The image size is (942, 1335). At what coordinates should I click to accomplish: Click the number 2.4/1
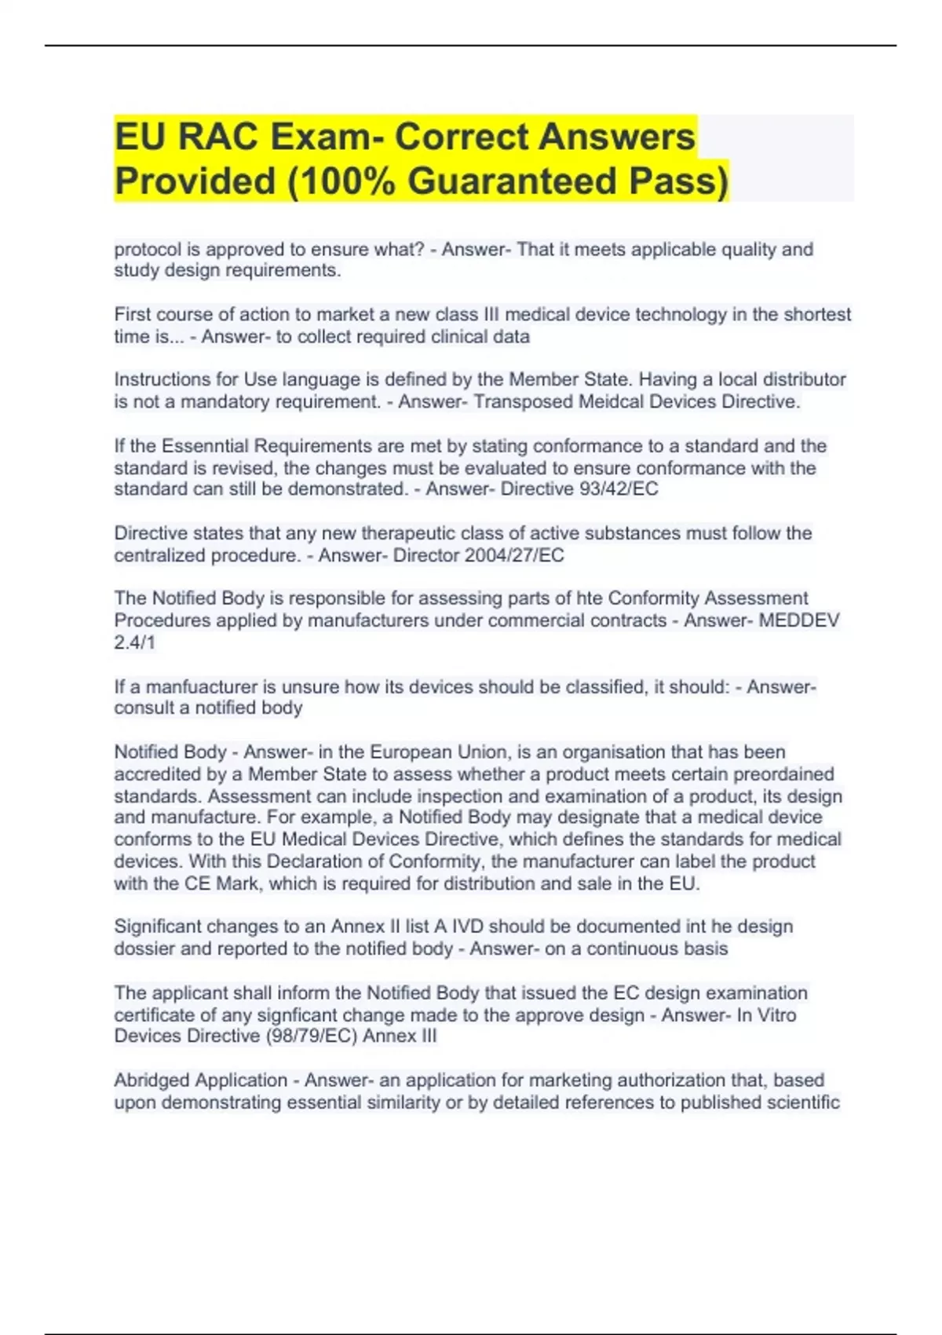135,642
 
